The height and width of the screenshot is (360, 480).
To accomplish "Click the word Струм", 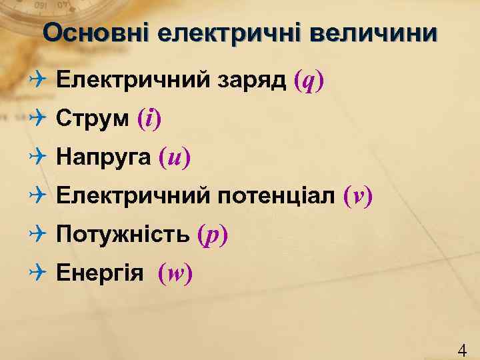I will pyautogui.click(x=93, y=119).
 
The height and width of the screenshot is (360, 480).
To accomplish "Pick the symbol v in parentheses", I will pyautogui.click(x=358, y=196).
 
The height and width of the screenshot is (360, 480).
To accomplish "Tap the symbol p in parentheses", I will pyautogui.click(x=213, y=235).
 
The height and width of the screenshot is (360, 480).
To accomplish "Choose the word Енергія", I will pyautogui.click(x=100, y=273).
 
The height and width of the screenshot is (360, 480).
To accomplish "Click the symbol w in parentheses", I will pyautogui.click(x=175, y=273).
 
